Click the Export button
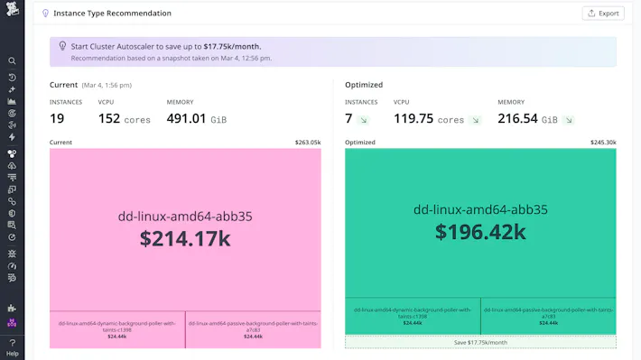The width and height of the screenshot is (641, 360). pos(602,14)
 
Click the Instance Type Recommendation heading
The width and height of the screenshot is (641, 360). pos(112,14)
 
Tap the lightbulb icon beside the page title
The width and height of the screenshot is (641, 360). pos(45,14)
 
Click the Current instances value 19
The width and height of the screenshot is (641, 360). pos(57,119)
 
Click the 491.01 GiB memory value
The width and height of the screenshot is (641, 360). pos(200,119)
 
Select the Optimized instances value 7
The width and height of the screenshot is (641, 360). pos(348,119)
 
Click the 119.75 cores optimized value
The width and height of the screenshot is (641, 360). pos(429,119)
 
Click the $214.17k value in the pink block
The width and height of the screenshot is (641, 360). pos(185,238)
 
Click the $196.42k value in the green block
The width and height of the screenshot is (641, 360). pos(480,232)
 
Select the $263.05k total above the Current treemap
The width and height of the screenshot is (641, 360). pos(307,143)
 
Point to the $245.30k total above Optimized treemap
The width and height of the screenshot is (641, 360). pos(603,143)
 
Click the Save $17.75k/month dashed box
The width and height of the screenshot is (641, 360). pos(480,342)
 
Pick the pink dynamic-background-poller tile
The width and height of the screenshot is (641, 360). pos(117,329)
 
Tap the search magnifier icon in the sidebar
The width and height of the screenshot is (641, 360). pos(13,61)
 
